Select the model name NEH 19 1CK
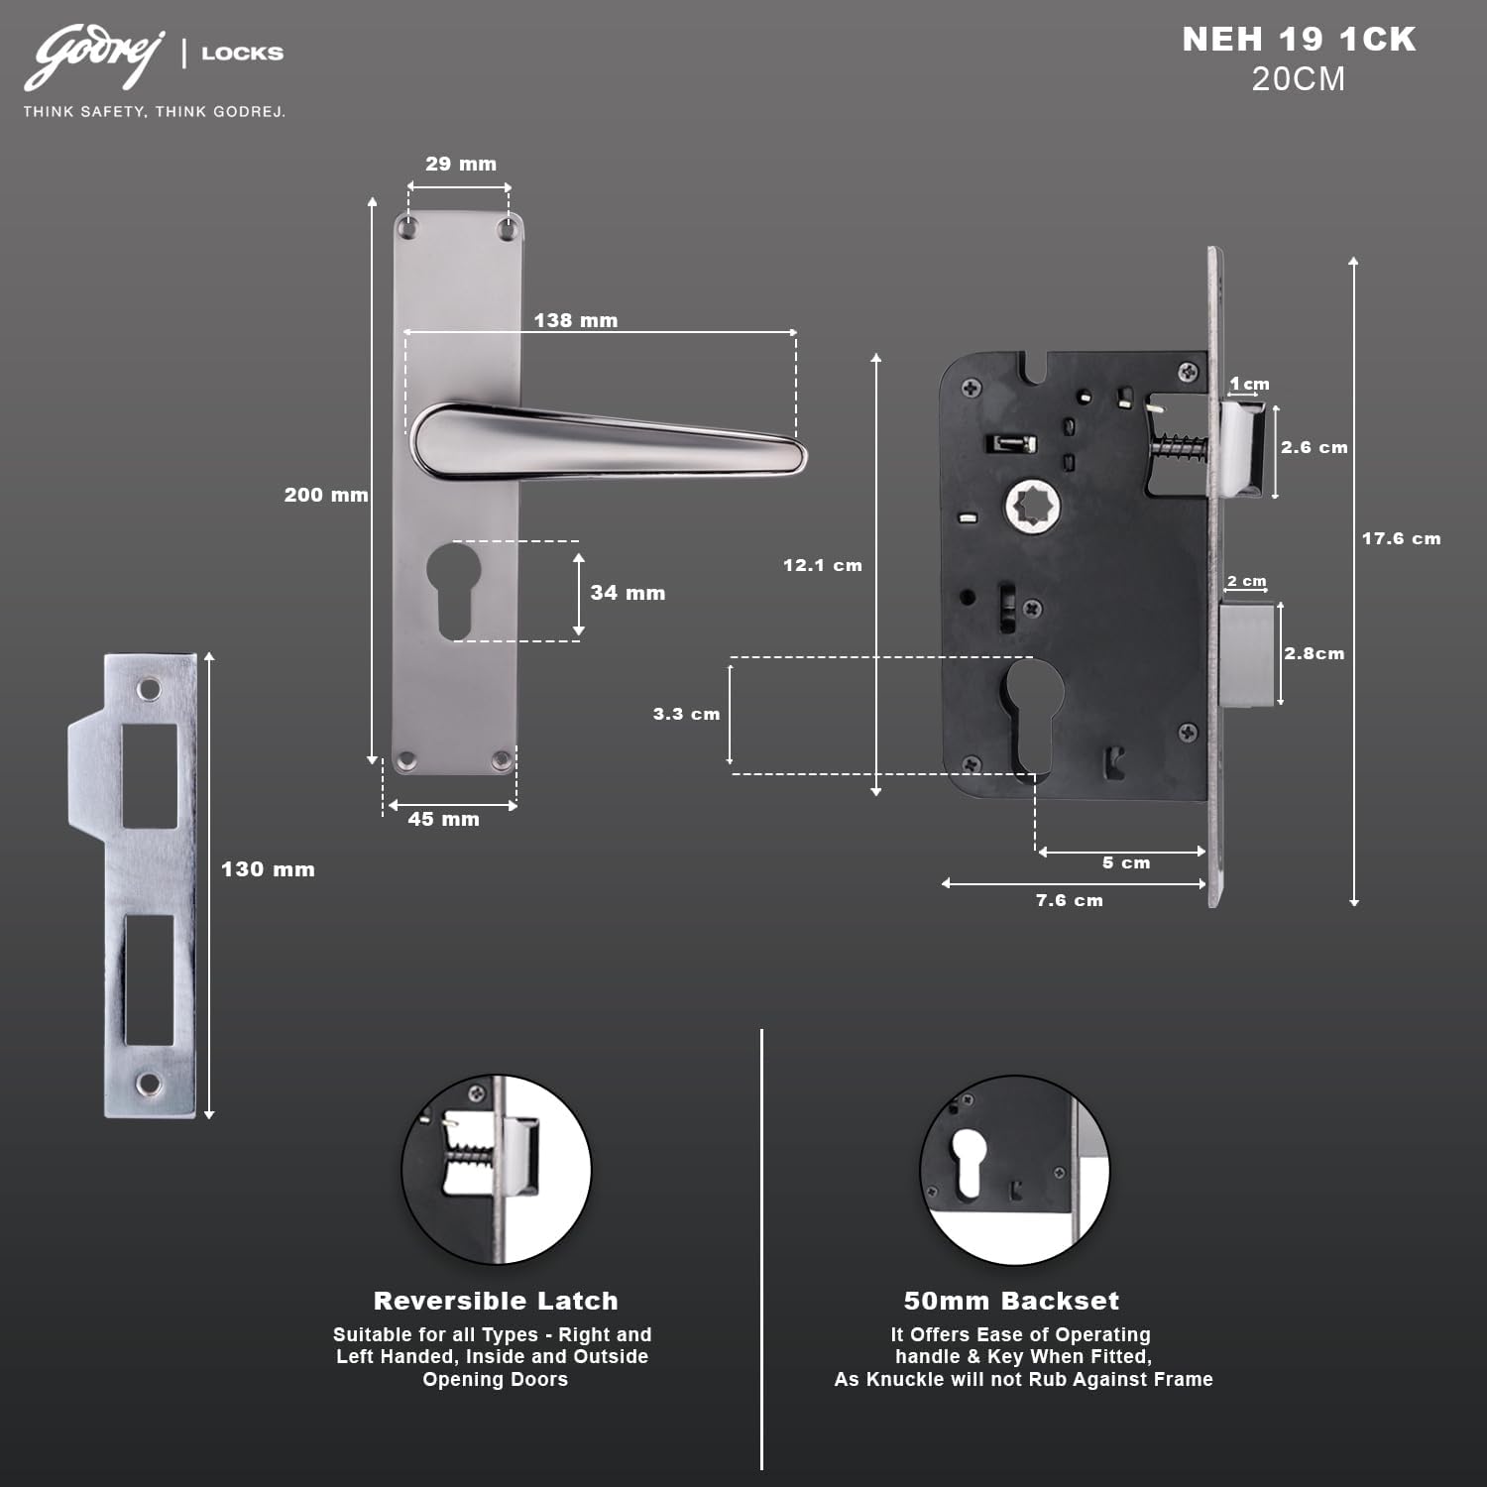[x=1299, y=40]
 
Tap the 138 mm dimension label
[x=575, y=320]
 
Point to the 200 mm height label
[x=326, y=495]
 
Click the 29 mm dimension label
[x=461, y=164]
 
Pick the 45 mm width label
[x=443, y=819]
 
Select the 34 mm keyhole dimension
[x=628, y=593]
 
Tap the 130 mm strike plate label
[x=268, y=869]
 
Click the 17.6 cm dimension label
[x=1401, y=538]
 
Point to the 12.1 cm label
[x=823, y=565]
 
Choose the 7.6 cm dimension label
[x=1069, y=900]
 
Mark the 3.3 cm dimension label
[x=686, y=714]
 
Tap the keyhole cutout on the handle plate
[x=454, y=587]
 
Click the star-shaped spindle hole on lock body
[x=1033, y=507]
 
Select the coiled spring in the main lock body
[x=1180, y=446]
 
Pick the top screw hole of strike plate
[x=149, y=688]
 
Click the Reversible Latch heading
[x=496, y=1301]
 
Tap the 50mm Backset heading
[x=1011, y=1301]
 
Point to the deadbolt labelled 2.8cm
[x=1247, y=654]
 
